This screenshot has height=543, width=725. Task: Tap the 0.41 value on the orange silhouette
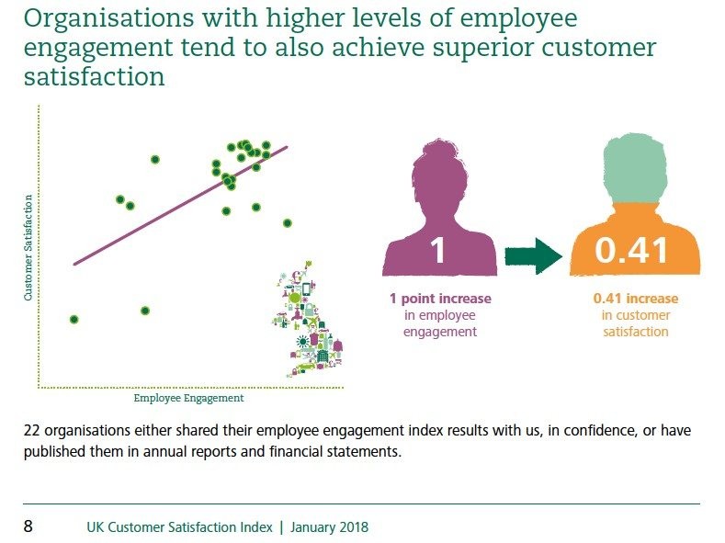(632, 250)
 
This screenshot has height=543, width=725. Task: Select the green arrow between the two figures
(533, 255)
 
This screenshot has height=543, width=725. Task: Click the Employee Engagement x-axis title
(188, 399)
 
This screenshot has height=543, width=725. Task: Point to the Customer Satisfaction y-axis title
(28, 248)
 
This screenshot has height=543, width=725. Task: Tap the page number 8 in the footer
(28, 527)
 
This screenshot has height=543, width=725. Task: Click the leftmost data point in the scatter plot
(74, 320)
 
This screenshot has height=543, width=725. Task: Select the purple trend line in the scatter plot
(180, 206)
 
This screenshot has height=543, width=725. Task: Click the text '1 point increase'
(440, 299)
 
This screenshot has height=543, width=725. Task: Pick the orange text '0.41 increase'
(636, 299)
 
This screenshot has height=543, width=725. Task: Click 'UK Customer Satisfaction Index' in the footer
(180, 527)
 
